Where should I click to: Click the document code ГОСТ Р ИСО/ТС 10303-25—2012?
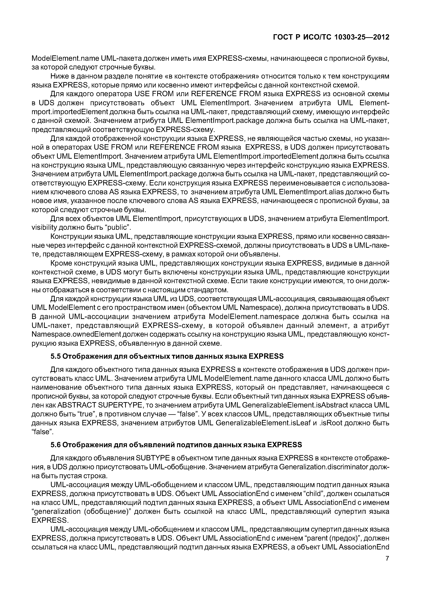click(331, 37)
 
